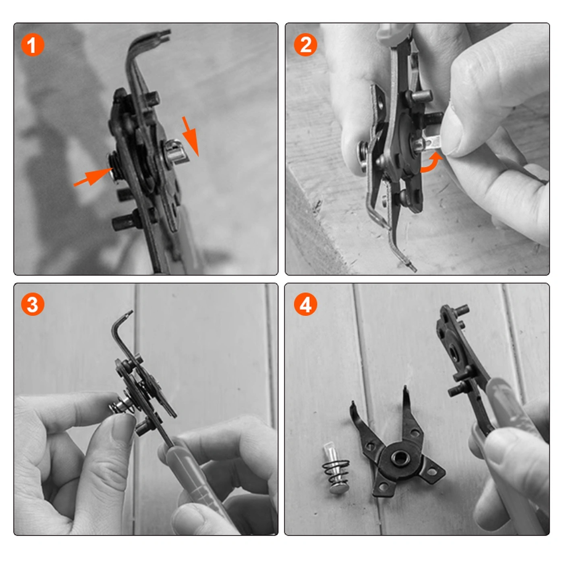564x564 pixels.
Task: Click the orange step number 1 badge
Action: [33, 45]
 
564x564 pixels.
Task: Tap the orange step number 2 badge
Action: [305, 45]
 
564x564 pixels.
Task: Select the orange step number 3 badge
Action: [33, 305]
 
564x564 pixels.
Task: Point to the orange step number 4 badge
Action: [305, 305]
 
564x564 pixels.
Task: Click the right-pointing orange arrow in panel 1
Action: [93, 176]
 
